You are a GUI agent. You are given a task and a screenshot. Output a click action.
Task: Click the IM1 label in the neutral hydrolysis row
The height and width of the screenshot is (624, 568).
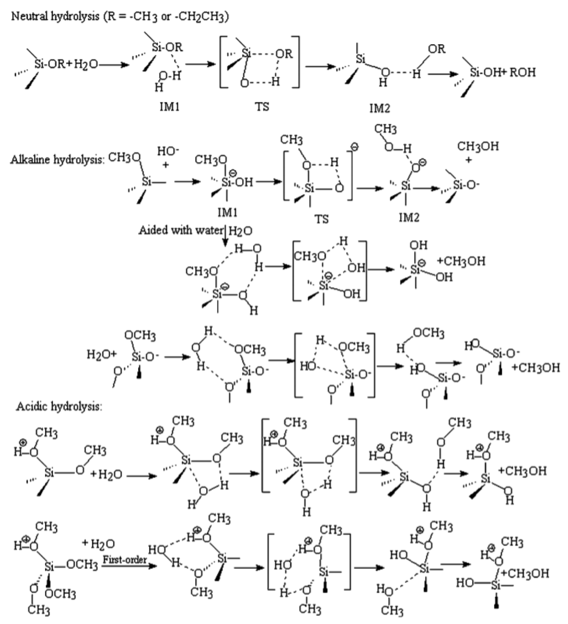[x=169, y=107]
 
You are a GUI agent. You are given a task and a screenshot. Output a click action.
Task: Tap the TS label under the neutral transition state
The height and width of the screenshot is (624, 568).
[x=262, y=107]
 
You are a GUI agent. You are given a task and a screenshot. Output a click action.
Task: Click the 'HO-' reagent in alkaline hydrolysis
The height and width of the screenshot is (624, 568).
[x=168, y=151]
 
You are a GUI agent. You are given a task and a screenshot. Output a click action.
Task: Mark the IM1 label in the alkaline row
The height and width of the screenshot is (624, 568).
[x=227, y=213]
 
